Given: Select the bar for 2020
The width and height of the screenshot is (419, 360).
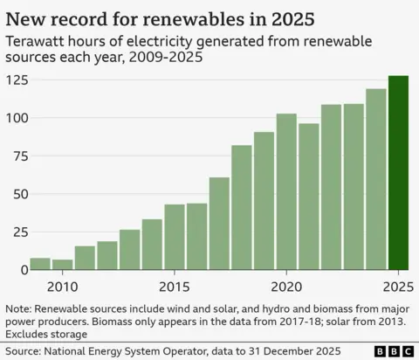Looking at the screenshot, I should (286, 192).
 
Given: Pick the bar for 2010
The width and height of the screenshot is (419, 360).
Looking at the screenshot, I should (62, 264).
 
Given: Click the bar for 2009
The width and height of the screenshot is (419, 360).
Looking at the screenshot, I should (40, 263).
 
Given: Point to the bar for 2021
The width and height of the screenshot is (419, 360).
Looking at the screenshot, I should (309, 197).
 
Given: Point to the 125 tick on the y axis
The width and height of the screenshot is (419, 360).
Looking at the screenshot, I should (16, 80).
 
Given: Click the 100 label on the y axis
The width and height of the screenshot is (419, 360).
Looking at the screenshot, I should (16, 118).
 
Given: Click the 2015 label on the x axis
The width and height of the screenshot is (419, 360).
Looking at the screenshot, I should (175, 287).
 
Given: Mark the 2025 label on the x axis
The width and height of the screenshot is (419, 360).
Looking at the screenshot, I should (398, 287).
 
